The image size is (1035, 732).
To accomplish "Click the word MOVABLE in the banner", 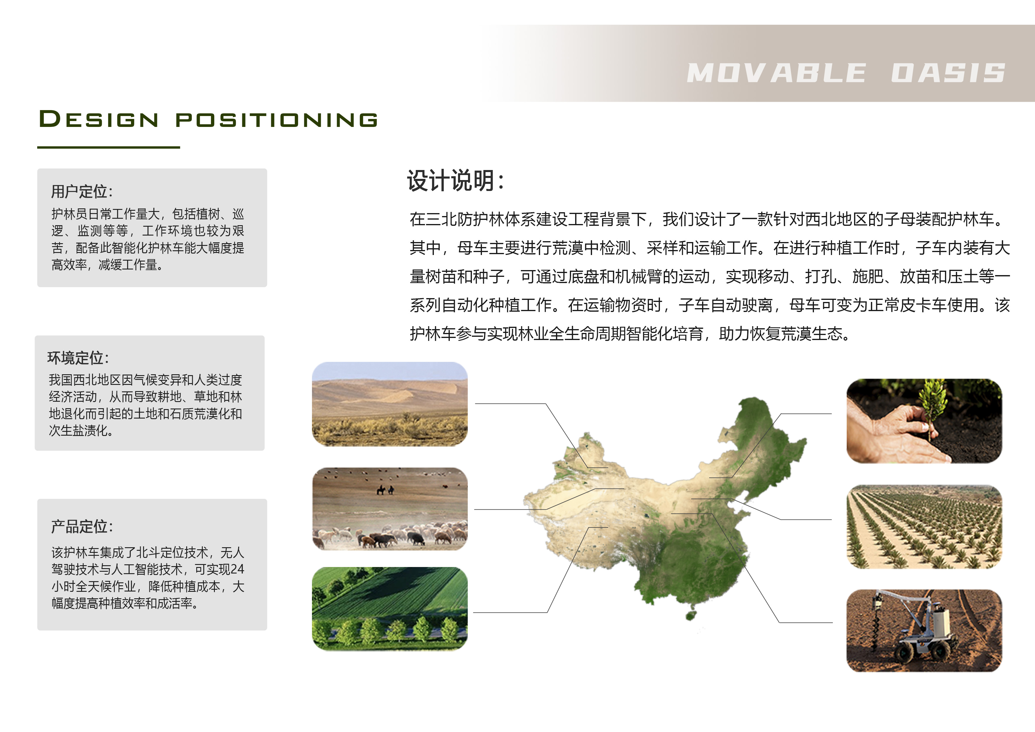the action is pyautogui.click(x=776, y=73).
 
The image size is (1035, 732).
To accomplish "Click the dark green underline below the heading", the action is pyautogui.click(x=109, y=147).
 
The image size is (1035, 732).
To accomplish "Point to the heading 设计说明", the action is pyautogui.click(x=455, y=181).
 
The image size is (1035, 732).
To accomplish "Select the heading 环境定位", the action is pyautogui.click(x=78, y=358).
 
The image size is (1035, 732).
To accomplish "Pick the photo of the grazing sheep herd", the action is pyautogui.click(x=390, y=509).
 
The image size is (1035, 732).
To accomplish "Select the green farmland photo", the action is pyautogui.click(x=390, y=609).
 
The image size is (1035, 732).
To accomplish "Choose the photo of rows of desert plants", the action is pyautogui.click(x=924, y=527).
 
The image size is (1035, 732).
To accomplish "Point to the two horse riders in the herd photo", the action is pyautogui.click(x=385, y=489).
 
